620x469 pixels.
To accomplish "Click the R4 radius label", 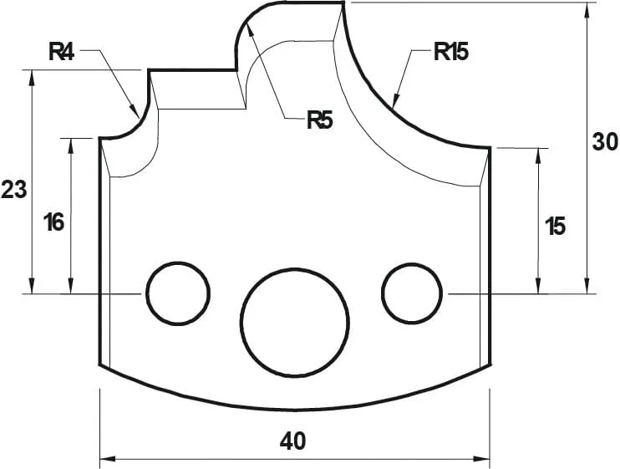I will (62, 53).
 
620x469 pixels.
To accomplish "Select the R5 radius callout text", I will (319, 120).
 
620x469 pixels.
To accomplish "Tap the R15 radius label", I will (450, 53).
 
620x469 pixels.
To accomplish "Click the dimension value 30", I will (605, 142).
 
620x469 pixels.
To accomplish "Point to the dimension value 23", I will (13, 190).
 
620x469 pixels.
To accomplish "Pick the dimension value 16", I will (53, 222).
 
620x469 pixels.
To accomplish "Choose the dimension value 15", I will (556, 225).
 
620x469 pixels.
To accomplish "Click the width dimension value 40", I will (293, 440).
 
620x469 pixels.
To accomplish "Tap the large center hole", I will (294, 322).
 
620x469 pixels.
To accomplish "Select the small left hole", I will (177, 293).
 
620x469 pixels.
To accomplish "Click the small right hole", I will (411, 293).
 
